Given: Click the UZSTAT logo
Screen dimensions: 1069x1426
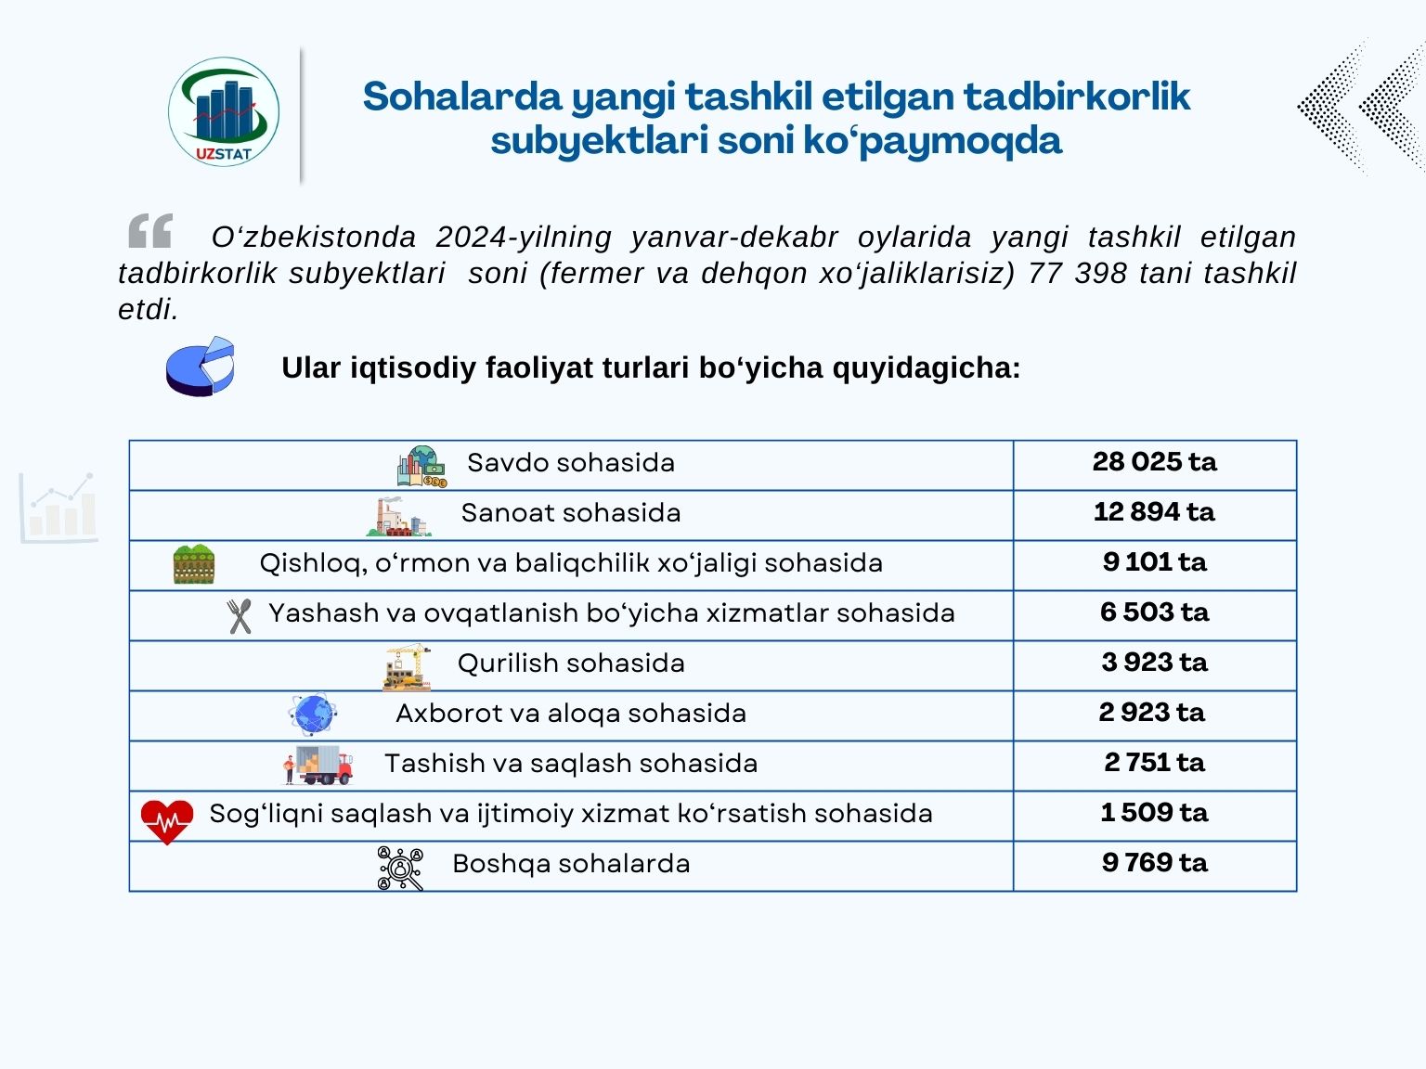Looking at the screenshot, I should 224,112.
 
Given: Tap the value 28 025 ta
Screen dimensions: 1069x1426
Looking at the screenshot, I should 1154,462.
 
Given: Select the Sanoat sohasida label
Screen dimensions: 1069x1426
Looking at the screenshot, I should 571,512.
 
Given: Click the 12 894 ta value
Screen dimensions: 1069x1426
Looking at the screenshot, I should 1154,512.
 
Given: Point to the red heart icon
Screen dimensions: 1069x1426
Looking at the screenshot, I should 167,820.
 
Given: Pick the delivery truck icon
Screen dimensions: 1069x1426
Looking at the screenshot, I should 318,766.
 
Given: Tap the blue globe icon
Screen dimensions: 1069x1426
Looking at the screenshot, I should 313,715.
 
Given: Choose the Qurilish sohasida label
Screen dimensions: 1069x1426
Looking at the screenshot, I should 571,663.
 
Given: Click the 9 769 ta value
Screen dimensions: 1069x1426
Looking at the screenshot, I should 1154,863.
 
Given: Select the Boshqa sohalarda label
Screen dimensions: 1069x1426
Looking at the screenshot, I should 571,863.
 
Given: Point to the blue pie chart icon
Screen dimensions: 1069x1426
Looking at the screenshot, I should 201,367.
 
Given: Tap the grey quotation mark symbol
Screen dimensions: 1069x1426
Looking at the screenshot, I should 150,231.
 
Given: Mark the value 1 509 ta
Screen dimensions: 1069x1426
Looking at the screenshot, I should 1154,813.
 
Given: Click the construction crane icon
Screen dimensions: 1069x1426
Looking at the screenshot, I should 407,666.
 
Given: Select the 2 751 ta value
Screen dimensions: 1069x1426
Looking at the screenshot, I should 1154,763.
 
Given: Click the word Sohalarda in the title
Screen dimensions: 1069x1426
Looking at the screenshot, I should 462,97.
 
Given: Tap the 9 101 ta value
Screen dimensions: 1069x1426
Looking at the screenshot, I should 1154,562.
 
